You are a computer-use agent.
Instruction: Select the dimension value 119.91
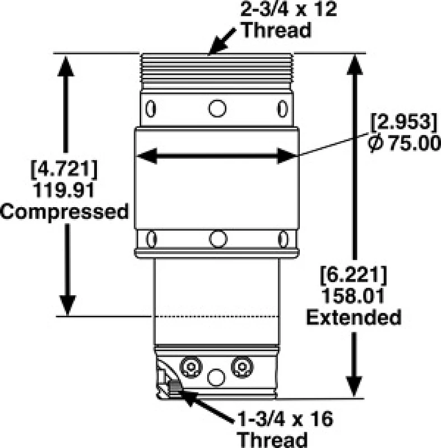point(66,189)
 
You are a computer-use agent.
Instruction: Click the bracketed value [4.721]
point(66,167)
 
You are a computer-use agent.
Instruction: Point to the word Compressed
point(65,212)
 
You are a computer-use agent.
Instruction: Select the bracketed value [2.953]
point(402,122)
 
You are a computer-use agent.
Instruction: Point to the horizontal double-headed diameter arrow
point(216,157)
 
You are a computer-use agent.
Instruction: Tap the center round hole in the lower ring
point(217,239)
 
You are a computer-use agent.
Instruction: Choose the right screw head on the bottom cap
point(242,367)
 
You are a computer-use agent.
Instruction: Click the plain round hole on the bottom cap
point(216,377)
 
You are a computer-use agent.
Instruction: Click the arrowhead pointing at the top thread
point(213,50)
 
